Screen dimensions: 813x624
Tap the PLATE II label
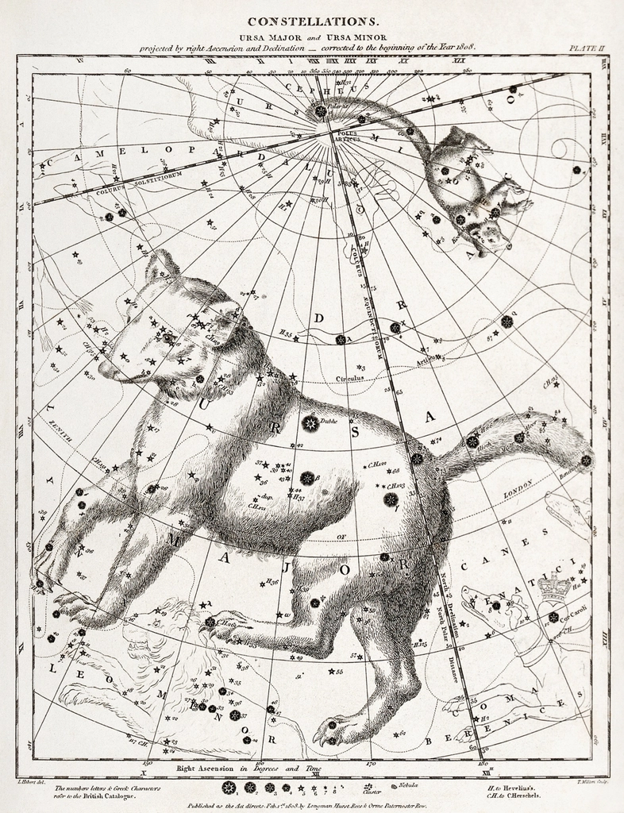click(x=587, y=48)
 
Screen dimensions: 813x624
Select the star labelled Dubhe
click(x=310, y=423)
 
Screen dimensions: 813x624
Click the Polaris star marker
click(x=321, y=112)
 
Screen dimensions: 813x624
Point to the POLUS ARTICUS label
click(x=349, y=136)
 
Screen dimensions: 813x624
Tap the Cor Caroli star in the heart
click(x=553, y=617)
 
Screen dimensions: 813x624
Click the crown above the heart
click(x=555, y=587)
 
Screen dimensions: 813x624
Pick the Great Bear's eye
click(x=167, y=337)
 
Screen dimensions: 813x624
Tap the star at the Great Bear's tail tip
click(x=586, y=460)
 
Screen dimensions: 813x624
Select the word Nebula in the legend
click(x=410, y=785)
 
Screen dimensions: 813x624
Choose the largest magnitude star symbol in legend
click(x=229, y=788)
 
